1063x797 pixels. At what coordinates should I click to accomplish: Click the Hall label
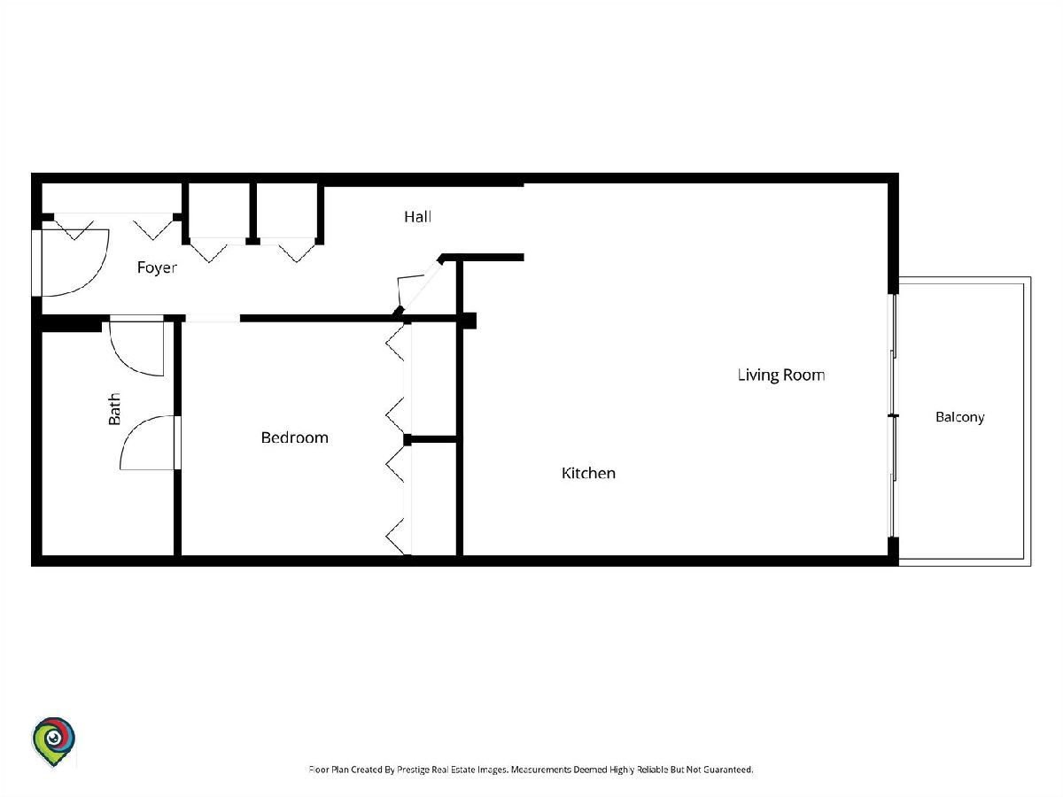tap(417, 216)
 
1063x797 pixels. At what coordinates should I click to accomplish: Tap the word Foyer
tap(157, 267)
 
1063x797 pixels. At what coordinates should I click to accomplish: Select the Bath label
tap(114, 409)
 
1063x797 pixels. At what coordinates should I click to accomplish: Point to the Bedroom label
tap(294, 437)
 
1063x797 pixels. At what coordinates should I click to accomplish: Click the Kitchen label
tap(588, 473)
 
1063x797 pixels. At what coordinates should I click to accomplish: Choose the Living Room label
tap(781, 375)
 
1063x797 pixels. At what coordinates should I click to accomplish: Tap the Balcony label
tap(960, 417)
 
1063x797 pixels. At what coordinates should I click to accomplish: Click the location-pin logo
tap(53, 741)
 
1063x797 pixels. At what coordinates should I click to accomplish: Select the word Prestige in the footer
tap(413, 770)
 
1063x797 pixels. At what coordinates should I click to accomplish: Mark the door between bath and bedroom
tap(149, 442)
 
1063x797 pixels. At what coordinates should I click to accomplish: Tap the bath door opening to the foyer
tap(136, 345)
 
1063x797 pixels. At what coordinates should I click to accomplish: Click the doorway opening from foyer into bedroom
tap(213, 319)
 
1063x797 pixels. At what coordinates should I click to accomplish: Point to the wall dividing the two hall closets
tap(252, 213)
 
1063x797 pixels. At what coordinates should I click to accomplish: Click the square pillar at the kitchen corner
tap(469, 321)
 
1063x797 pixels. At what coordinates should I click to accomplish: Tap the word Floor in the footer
tap(319, 770)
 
